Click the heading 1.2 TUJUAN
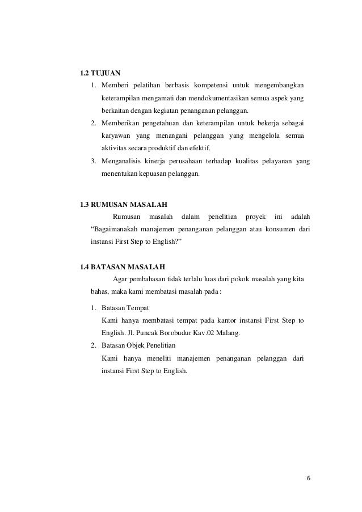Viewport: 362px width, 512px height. tap(101, 73)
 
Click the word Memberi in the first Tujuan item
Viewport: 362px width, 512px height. tap(115, 86)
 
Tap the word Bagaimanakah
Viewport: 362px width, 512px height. tap(121, 229)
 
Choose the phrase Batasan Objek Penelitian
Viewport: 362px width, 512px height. tap(139, 345)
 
